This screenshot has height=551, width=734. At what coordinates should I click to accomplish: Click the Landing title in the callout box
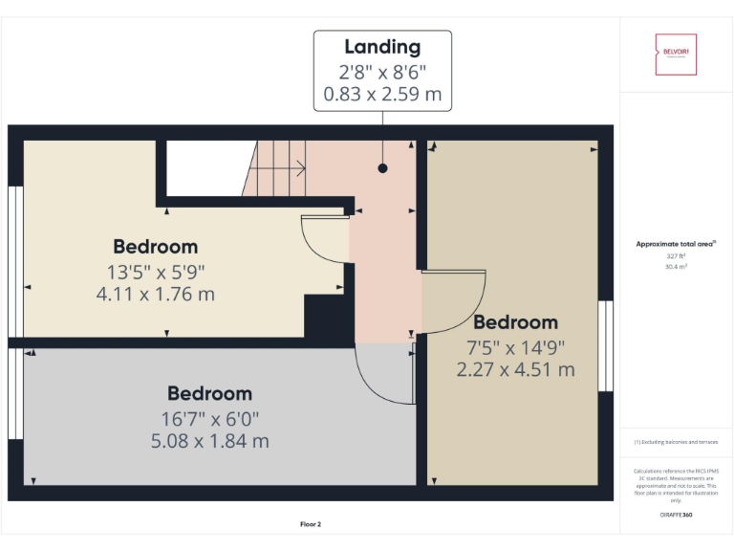[382, 46]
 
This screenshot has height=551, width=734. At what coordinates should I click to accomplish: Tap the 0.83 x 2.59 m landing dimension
[382, 96]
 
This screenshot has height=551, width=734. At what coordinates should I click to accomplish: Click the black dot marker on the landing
[382, 168]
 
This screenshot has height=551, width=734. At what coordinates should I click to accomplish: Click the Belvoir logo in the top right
[676, 55]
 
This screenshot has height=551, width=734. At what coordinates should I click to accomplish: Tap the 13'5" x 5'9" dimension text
[156, 271]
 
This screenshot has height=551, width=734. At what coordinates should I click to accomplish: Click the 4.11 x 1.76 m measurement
[156, 294]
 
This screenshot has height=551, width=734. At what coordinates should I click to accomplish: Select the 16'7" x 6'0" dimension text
[209, 418]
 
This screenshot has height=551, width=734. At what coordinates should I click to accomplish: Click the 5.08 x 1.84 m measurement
[209, 441]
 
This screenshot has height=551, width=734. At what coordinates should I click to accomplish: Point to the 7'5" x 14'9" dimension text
[515, 346]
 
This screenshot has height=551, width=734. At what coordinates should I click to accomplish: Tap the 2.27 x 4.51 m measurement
[515, 369]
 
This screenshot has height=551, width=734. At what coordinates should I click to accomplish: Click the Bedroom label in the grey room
[209, 393]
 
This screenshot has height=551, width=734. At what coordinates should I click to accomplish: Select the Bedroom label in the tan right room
[515, 321]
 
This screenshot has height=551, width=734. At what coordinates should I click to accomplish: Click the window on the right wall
[604, 346]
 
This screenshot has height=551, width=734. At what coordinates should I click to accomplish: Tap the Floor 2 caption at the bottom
[311, 524]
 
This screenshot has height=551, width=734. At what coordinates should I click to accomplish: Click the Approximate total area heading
[676, 245]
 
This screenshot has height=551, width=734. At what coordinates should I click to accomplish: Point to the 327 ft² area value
[676, 256]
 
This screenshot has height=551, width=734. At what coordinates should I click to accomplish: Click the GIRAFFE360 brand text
[676, 515]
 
